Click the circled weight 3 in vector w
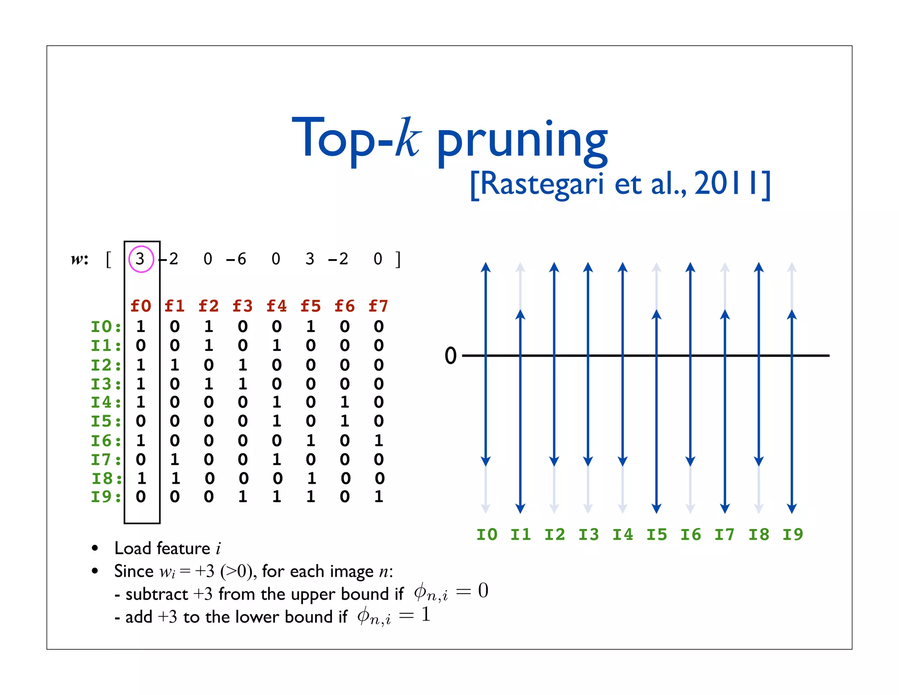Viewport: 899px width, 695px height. click(140, 259)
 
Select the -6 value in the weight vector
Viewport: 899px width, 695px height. click(236, 259)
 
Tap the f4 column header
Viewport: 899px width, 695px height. click(277, 306)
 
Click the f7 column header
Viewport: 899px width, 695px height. click(378, 306)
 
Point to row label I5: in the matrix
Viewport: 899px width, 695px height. click(106, 421)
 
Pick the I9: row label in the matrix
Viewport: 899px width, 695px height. click(106, 497)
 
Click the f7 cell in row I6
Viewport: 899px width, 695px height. click(379, 440)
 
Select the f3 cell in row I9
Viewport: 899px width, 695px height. click(243, 497)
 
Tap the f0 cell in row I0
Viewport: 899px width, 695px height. click(140, 326)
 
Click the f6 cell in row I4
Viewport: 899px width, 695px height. click(345, 402)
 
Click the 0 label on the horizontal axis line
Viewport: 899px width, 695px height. click(451, 355)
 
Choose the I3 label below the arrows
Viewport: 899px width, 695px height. click(589, 535)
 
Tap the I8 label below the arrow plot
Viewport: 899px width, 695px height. click(759, 535)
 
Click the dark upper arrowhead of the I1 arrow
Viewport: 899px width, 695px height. click(520, 314)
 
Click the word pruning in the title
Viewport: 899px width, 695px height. click(522, 140)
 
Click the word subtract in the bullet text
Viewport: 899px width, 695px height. click(157, 594)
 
